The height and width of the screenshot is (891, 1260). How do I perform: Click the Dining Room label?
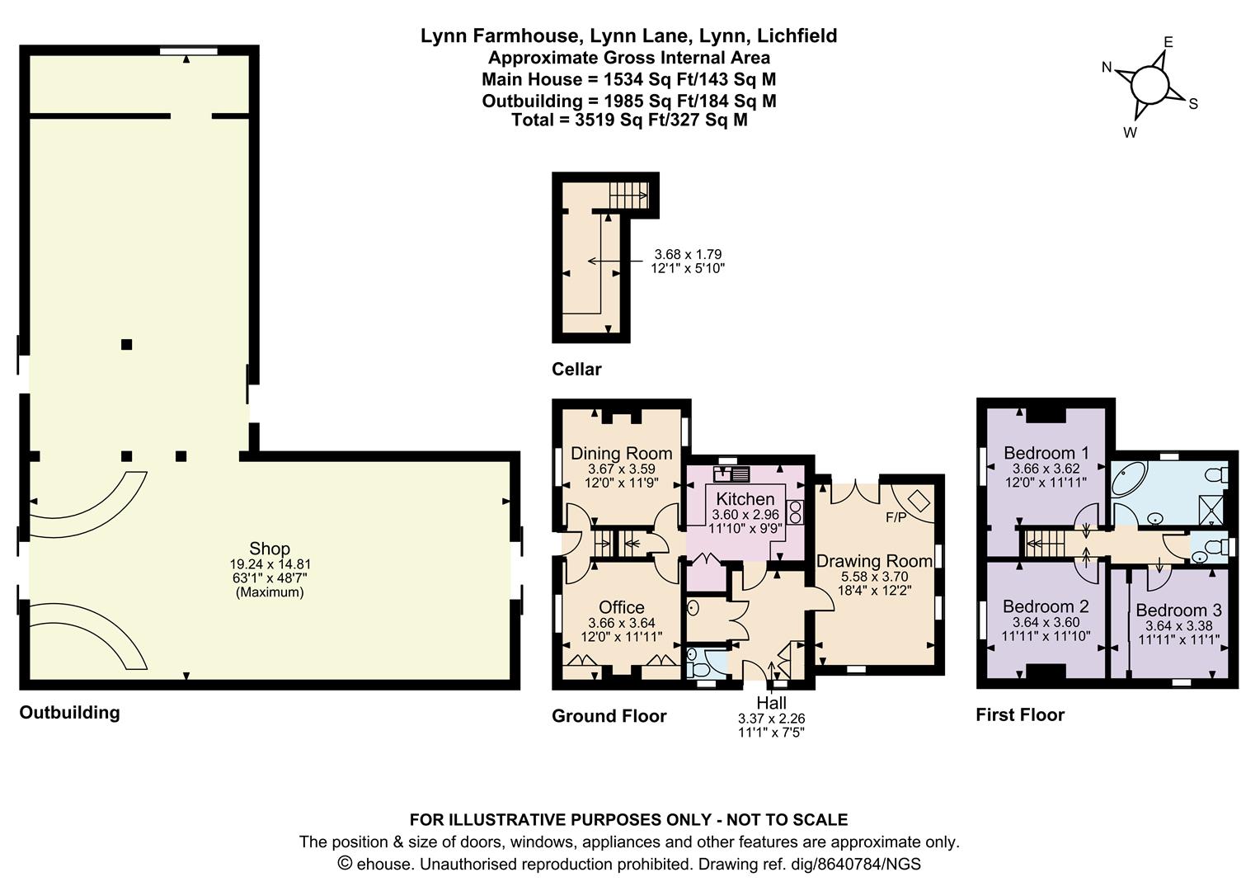click(622, 453)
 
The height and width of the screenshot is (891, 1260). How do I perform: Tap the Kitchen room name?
click(745, 498)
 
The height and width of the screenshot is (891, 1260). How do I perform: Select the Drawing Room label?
click(874, 561)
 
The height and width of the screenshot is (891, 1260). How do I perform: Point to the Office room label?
click(622, 607)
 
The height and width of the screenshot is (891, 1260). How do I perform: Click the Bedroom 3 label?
click(1179, 610)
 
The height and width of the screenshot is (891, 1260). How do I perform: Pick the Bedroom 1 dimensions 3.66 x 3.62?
click(1046, 469)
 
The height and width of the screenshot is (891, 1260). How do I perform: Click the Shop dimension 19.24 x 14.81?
click(270, 564)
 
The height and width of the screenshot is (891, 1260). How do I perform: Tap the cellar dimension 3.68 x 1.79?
click(688, 254)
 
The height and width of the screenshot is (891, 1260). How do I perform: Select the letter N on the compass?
click(1107, 68)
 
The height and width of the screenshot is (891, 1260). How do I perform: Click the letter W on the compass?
click(1130, 133)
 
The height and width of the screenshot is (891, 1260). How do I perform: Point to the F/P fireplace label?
click(896, 517)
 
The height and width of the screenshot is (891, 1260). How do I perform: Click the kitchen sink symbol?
click(731, 474)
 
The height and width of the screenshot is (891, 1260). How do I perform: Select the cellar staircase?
click(629, 196)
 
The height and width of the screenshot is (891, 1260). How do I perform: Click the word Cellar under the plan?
click(576, 370)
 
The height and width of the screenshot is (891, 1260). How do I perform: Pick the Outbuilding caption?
click(70, 713)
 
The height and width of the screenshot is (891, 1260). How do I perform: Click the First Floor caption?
click(1020, 714)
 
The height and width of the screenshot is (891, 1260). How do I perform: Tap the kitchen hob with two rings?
click(796, 512)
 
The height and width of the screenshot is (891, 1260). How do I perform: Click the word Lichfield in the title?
click(797, 36)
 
